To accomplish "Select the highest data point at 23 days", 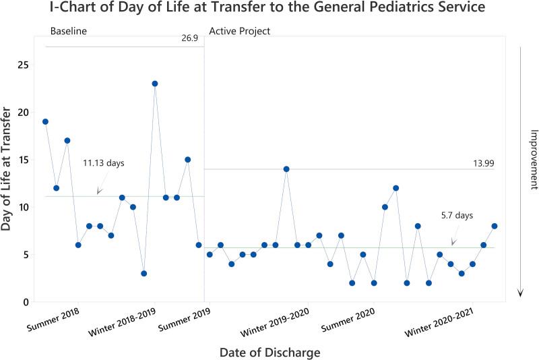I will point(155,84).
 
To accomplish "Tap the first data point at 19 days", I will point(45,121).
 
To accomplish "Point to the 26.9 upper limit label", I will point(189,39).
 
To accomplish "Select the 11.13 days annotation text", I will point(104,163).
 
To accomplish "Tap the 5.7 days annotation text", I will point(457,216).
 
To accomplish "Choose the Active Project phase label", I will point(241,32).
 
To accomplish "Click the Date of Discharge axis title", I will point(269,352).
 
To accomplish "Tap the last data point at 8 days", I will point(495,226).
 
